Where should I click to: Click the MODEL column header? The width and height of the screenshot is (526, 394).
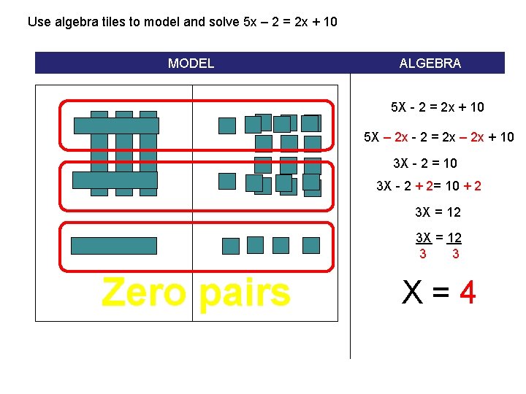tap(191, 63)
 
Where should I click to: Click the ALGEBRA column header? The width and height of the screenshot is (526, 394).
tap(430, 63)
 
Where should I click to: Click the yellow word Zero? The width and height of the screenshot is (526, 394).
tap(144, 293)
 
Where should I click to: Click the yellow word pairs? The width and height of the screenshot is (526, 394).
tap(244, 293)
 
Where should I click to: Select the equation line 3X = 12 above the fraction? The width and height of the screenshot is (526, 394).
tap(438, 212)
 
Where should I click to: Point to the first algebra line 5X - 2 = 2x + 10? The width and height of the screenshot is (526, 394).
tap(438, 107)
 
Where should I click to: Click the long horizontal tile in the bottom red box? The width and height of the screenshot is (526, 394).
tap(114, 246)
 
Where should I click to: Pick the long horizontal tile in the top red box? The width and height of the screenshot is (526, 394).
tap(116, 125)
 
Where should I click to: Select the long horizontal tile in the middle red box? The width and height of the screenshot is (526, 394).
tap(115, 180)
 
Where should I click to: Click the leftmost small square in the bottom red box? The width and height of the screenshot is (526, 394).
tap(230, 246)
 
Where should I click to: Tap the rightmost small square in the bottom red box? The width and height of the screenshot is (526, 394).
tap(311, 245)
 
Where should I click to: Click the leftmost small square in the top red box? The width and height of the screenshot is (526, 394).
tap(227, 125)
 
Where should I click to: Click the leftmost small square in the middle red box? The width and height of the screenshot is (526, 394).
tap(227, 181)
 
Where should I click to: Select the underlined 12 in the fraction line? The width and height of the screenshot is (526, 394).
tap(454, 238)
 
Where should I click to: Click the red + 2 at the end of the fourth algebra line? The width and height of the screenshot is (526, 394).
tap(472, 186)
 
